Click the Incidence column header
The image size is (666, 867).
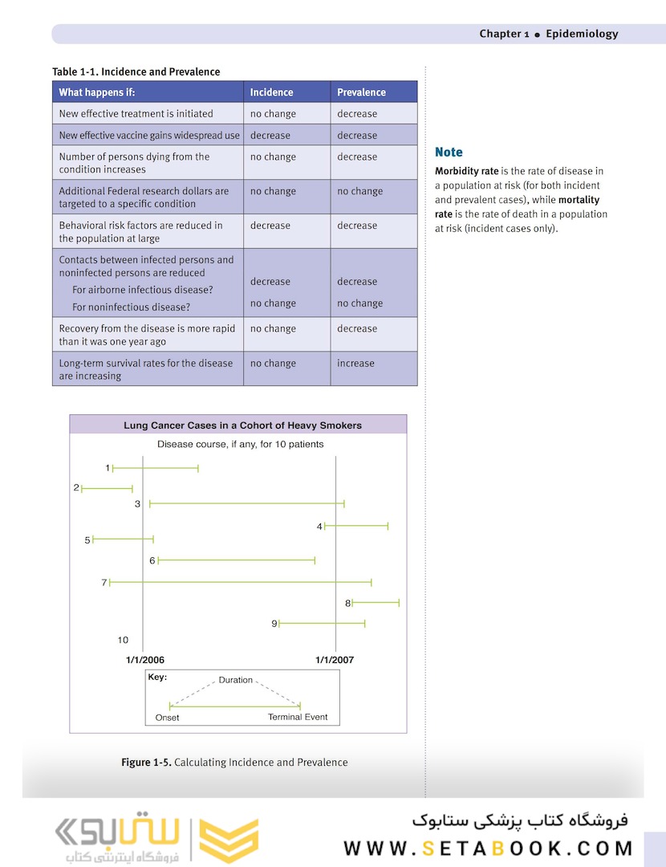pos(271,92)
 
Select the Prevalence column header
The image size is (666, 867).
pos(361,92)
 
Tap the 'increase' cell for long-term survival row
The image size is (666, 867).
pos(355,363)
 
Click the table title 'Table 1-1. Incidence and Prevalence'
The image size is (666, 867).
pos(136,72)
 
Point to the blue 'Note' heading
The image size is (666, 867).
pos(449,152)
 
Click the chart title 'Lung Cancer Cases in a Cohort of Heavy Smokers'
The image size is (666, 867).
pos(242,425)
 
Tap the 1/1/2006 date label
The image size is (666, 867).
pos(145,660)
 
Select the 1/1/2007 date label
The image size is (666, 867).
pos(335,660)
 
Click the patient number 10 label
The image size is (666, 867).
pos(123,640)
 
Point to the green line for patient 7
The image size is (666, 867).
pos(241,582)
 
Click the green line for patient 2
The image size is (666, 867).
pos(107,488)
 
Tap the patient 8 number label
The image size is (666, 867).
pos(348,603)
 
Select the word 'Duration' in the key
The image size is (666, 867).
pos(236,680)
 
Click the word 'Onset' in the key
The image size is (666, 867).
pos(168,718)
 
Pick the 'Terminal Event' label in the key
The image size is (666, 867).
pos(298,717)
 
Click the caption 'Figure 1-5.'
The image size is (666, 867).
pos(146,762)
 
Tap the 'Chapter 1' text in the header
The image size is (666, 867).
pos(504,34)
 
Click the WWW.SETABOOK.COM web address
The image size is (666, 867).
pos(488,849)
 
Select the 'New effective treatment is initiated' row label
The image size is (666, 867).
pos(136,114)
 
